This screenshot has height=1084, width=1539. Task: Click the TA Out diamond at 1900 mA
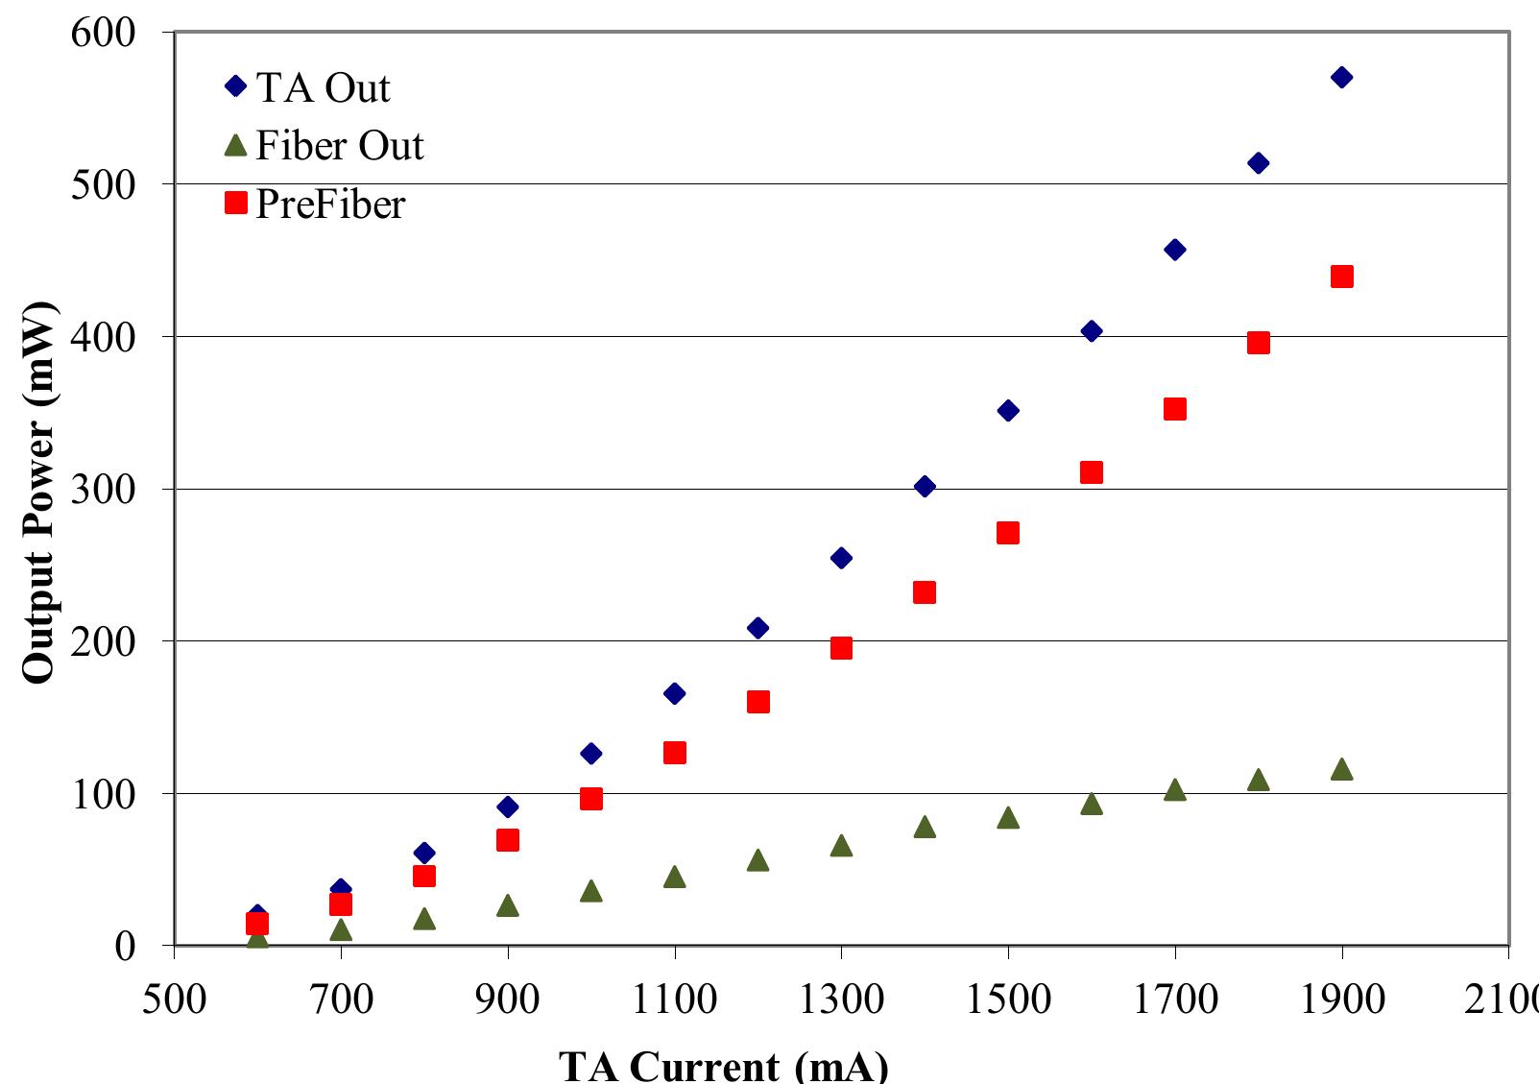(x=1342, y=77)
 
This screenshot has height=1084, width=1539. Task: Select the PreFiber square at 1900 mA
(x=1342, y=277)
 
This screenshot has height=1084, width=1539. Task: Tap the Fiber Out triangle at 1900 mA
(x=1342, y=769)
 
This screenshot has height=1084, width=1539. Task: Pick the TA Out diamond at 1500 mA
(x=1008, y=410)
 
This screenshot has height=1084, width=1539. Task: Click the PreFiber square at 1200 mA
(x=757, y=702)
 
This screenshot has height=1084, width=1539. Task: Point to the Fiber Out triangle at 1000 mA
(x=591, y=891)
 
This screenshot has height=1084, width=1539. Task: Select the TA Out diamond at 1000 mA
(x=591, y=753)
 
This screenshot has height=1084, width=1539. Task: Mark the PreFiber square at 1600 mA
(x=1092, y=472)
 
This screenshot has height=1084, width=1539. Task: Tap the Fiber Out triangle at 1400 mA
(x=925, y=827)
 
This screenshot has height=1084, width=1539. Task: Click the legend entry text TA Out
(x=323, y=87)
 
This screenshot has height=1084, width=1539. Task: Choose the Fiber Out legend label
(x=340, y=146)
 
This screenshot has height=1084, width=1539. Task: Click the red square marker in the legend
(x=236, y=203)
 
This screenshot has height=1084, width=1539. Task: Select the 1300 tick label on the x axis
(x=841, y=999)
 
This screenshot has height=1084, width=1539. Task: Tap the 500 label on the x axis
(x=174, y=999)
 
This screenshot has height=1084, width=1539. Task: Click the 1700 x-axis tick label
(x=1174, y=999)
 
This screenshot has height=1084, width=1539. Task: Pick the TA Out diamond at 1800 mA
(x=1259, y=163)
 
